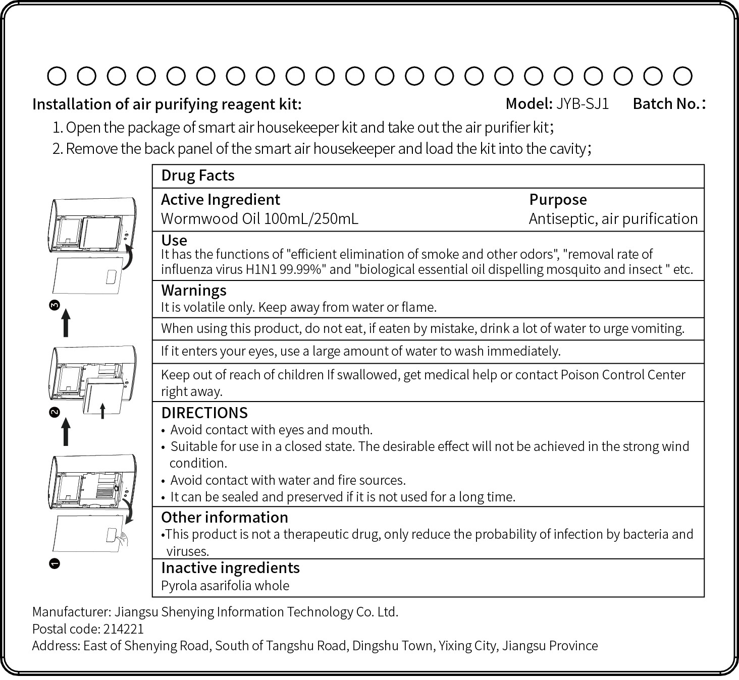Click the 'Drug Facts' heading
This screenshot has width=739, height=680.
[x=198, y=176]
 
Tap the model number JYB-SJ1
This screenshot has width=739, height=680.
[x=583, y=104]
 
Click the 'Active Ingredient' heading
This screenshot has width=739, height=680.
[x=220, y=200]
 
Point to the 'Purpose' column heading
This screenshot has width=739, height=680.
[x=558, y=200]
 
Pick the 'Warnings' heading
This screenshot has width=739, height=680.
[x=193, y=291]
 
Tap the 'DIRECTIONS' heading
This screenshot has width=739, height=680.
[x=204, y=413]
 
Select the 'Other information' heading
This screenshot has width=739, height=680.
[x=225, y=518]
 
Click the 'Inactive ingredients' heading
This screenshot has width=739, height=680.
[x=230, y=568]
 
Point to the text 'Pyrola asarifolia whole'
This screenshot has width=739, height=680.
[x=225, y=586]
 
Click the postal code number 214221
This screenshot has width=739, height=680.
[x=124, y=629]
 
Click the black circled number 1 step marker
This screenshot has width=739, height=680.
[x=55, y=563]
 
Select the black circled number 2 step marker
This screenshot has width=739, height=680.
[x=55, y=412]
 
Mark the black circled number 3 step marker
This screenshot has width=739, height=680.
[x=55, y=305]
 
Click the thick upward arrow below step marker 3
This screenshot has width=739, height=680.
[x=66, y=323]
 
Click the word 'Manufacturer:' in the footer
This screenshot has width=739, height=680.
[x=71, y=612]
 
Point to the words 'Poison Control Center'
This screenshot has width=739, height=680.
[x=623, y=375]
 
